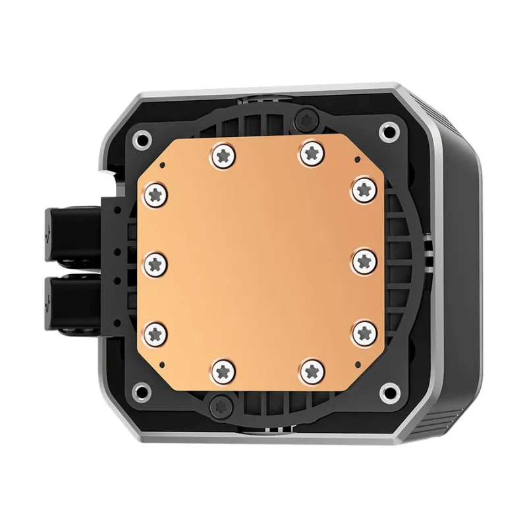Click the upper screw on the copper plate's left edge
[x=157, y=193]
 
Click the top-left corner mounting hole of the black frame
[x=140, y=139]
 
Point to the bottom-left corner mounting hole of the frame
[x=140, y=389]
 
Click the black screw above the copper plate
[x=305, y=119]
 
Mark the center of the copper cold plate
[x=260, y=262]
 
